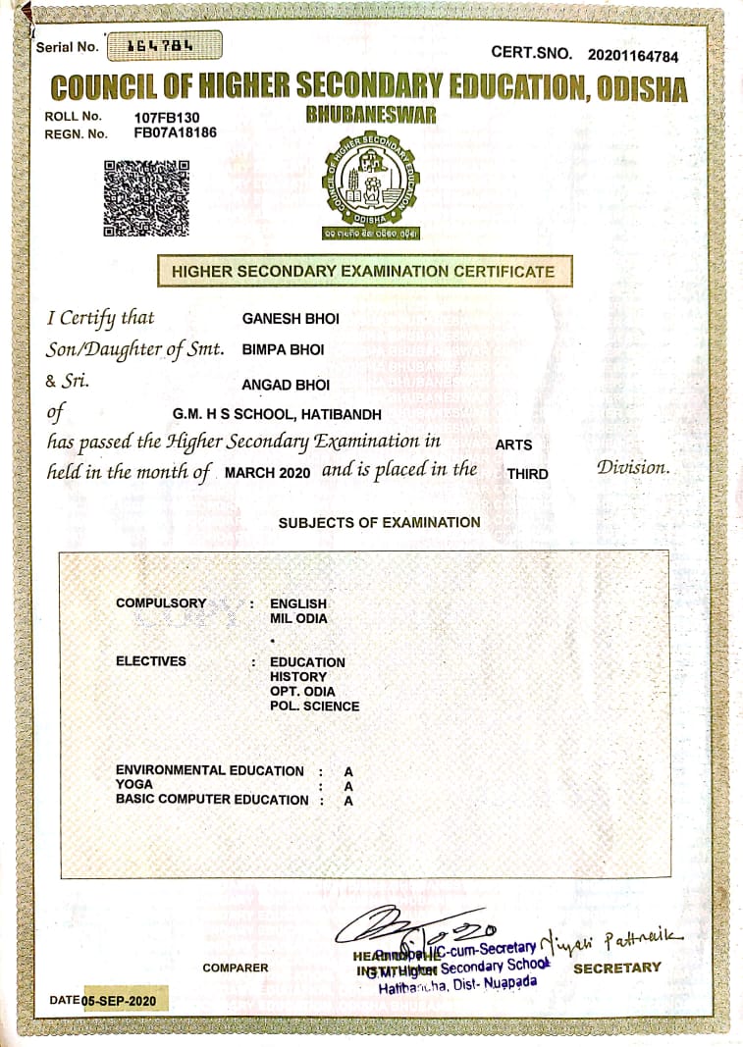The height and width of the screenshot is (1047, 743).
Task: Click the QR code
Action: (146, 197)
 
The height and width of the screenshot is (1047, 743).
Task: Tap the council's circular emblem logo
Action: (370, 183)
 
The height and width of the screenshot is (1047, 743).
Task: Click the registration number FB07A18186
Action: (176, 132)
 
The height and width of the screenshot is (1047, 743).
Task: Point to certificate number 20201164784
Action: (633, 56)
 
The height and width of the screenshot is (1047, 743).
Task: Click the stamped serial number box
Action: (163, 45)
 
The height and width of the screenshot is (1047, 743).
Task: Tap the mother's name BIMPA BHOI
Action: (283, 349)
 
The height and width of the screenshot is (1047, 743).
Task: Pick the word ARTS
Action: (513, 445)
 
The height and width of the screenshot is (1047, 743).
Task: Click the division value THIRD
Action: (527, 474)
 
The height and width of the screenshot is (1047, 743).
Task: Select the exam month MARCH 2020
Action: (268, 473)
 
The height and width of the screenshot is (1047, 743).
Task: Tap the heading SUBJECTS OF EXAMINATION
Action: (379, 523)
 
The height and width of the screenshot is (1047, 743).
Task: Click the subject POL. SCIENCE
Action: (314, 706)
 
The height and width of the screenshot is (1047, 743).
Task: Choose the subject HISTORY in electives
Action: (298, 677)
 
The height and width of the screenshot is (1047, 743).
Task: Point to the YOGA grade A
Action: (347, 786)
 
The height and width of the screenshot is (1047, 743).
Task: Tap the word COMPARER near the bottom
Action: (236, 968)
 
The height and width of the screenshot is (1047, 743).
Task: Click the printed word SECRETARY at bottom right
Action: (616, 968)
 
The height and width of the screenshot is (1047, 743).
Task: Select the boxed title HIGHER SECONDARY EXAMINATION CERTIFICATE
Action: (363, 271)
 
